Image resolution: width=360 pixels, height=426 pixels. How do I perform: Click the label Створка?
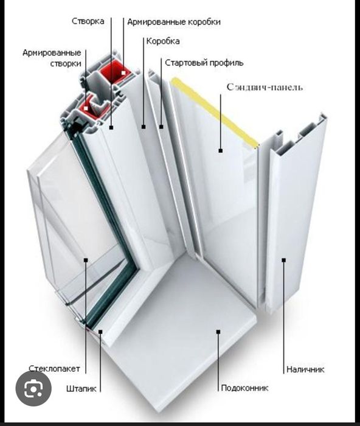(x=88, y=21)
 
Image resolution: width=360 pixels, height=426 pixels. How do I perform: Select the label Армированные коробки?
(x=174, y=22)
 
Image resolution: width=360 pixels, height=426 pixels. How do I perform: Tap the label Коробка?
(x=163, y=41)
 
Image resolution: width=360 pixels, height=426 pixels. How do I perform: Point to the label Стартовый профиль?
(x=204, y=63)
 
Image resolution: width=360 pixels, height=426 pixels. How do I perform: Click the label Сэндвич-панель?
(x=265, y=87)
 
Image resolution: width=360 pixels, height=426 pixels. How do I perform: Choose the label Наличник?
(x=305, y=369)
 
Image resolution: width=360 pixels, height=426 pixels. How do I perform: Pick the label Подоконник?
(x=244, y=388)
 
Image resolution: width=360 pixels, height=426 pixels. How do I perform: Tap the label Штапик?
(x=81, y=389)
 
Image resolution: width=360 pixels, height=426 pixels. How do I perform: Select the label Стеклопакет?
(x=54, y=369)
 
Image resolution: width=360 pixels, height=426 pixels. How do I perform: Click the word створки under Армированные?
(x=66, y=63)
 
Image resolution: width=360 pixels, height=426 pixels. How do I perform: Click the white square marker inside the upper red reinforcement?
(x=123, y=73)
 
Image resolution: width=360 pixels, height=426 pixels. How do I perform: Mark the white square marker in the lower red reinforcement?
(x=86, y=108)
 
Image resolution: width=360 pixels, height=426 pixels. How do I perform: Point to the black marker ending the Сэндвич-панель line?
(x=221, y=150)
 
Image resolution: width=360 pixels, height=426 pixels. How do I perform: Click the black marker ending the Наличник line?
(x=284, y=260)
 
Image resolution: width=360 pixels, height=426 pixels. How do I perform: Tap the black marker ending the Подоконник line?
(x=218, y=332)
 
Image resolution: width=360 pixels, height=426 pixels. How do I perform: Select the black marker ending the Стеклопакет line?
(x=86, y=260)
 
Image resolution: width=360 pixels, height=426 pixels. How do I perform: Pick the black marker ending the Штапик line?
(x=100, y=332)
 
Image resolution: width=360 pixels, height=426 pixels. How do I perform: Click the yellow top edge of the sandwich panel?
(x=215, y=112)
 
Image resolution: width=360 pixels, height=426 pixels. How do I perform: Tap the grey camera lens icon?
(x=33, y=389)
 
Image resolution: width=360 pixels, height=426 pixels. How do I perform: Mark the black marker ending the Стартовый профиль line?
(x=161, y=127)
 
